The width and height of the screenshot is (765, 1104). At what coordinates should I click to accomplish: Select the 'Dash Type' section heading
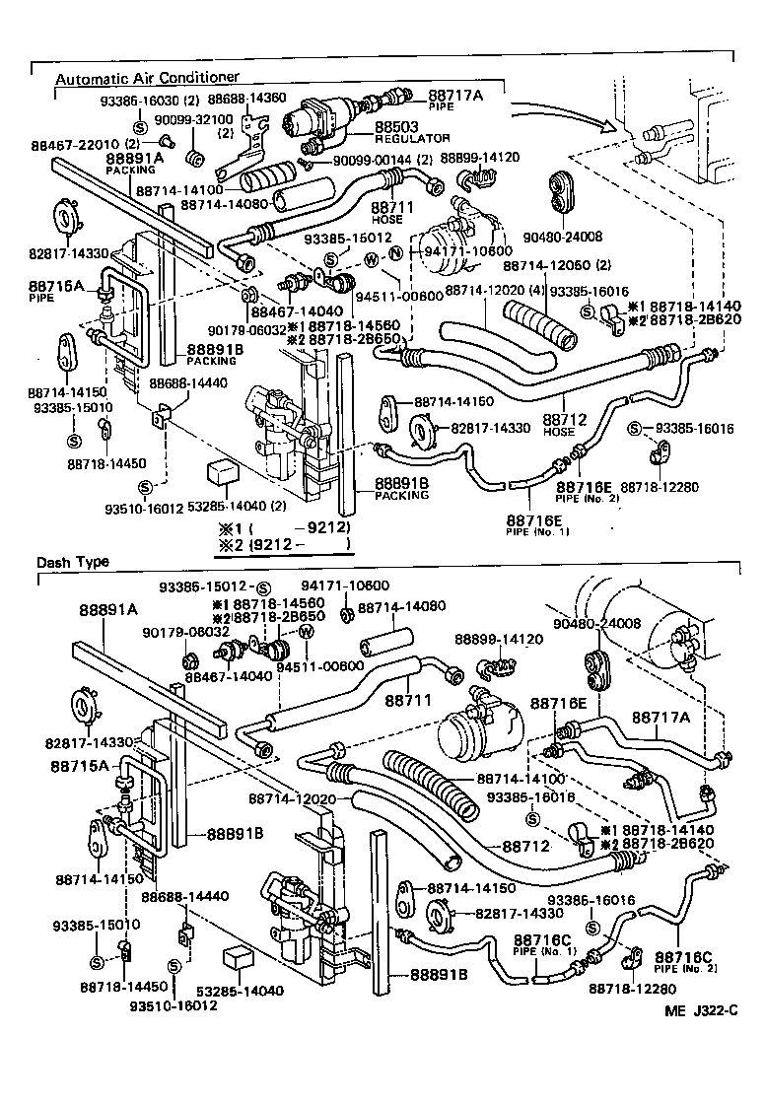pos(73,562)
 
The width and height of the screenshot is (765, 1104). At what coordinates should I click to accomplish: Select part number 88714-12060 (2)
pos(557,265)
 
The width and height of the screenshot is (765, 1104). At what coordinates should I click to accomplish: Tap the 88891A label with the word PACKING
pos(134,158)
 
